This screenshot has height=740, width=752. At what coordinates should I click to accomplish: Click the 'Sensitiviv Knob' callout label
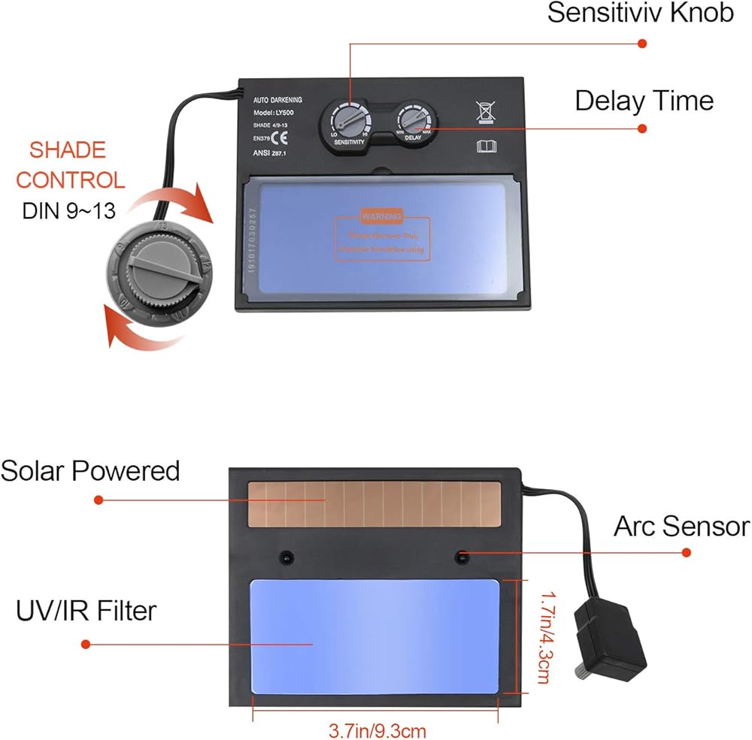(x=640, y=13)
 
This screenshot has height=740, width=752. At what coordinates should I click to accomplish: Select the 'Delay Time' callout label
(x=644, y=101)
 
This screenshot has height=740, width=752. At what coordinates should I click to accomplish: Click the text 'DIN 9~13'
(x=68, y=211)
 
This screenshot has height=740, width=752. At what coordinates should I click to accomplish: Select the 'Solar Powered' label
(x=90, y=471)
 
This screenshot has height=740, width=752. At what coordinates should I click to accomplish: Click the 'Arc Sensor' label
(x=681, y=526)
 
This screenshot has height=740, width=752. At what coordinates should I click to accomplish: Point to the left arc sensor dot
(x=286, y=557)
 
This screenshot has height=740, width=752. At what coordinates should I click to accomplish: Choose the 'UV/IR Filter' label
(x=86, y=610)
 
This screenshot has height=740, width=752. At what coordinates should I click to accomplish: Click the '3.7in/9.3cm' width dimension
(x=377, y=729)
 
